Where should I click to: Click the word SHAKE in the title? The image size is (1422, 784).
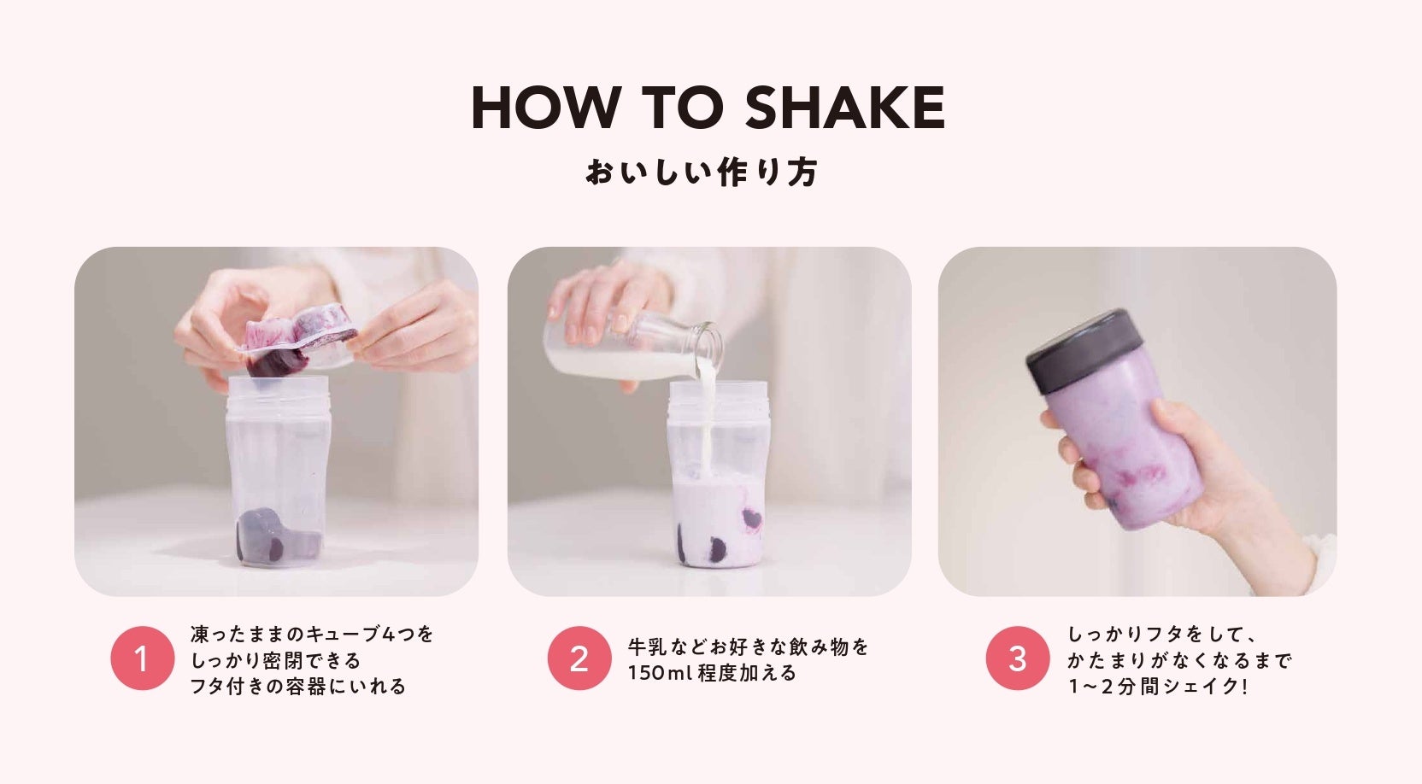[x=845, y=108]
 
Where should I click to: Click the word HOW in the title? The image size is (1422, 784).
[x=546, y=108]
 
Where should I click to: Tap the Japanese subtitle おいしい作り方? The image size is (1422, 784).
[x=702, y=173]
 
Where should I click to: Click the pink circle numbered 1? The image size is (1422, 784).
[x=142, y=658]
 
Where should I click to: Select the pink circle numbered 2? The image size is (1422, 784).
[x=579, y=658]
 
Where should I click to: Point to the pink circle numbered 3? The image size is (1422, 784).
[x=1017, y=658]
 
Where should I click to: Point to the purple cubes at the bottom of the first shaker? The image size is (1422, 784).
[x=278, y=536]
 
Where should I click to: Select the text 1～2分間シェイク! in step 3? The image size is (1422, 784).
[x=1158, y=687]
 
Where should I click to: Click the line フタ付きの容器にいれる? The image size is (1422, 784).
[x=297, y=687]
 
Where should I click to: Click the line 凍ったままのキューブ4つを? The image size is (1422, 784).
[x=312, y=635]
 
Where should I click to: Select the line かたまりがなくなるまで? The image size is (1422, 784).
[x=1178, y=660]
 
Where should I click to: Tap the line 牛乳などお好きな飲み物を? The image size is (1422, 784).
[x=748, y=647]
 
